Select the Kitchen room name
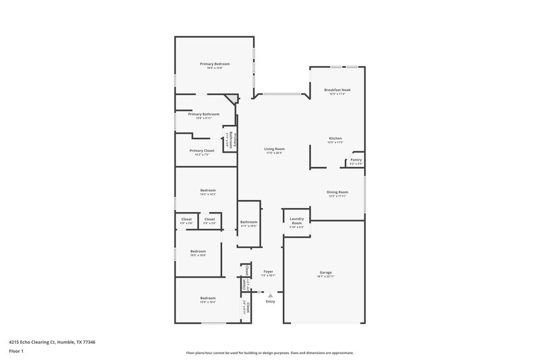coord(335,138)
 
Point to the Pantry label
coord(355,159)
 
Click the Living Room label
coord(275,149)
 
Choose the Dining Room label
coord(337,192)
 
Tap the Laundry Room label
coord(296,221)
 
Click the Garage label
coord(325,272)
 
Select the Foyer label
coord(268,271)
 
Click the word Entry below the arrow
coord(270,301)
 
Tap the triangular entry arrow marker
coord(270,294)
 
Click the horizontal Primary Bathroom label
coord(203,114)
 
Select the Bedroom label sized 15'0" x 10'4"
coord(207,298)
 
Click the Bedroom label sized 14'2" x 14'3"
coord(207,190)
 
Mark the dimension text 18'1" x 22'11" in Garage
coord(325,277)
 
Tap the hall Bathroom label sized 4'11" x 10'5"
coord(248,222)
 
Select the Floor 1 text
coord(16,352)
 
